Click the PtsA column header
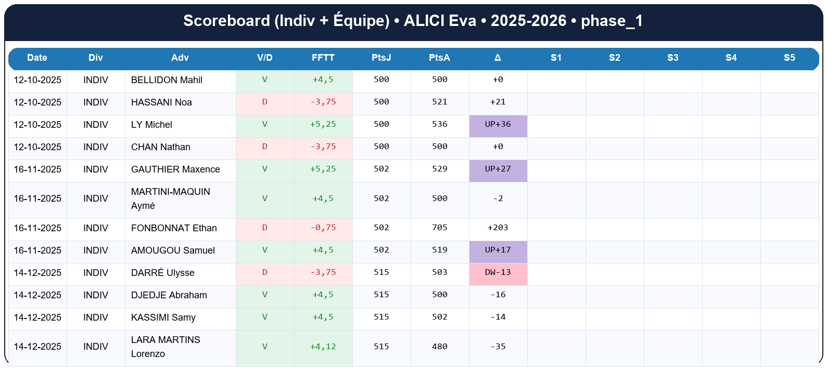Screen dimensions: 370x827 click(x=439, y=58)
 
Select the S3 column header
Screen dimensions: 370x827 click(x=672, y=58)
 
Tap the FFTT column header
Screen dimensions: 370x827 click(x=323, y=58)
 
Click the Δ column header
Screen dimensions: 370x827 click(x=498, y=58)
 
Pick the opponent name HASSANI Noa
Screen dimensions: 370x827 click(x=161, y=102)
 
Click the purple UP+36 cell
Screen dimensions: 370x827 click(x=498, y=125)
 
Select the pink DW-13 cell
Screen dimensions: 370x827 click(x=498, y=273)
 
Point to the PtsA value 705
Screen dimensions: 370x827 click(x=439, y=228)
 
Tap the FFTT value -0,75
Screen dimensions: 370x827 click(x=323, y=228)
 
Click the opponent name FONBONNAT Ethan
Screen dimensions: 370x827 click(x=174, y=228)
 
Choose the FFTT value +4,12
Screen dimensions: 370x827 click(x=323, y=347)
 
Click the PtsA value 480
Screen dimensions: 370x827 click(x=439, y=347)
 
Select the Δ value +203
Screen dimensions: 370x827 click(x=498, y=228)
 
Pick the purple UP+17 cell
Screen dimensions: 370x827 click(x=498, y=250)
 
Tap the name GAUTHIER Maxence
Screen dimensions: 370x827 click(x=175, y=169)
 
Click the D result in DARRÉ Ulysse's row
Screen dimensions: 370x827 click(x=264, y=273)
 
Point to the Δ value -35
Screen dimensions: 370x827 click(x=498, y=347)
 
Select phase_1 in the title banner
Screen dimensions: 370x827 click(x=612, y=21)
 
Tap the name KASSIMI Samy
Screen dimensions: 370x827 click(x=163, y=318)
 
